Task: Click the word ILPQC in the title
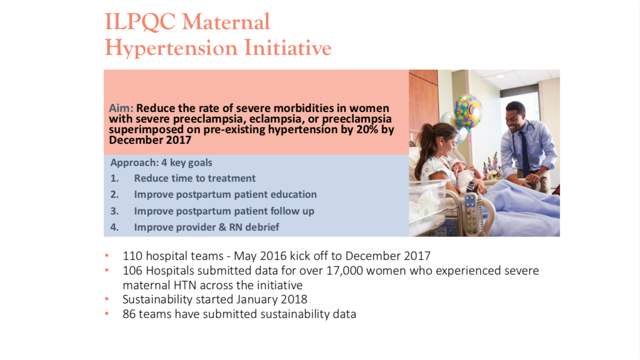click(x=140, y=22)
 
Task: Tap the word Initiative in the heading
click(x=288, y=47)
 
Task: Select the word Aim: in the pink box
click(x=121, y=108)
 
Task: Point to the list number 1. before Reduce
click(x=114, y=178)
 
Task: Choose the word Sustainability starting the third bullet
click(x=158, y=299)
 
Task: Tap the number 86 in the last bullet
click(x=129, y=314)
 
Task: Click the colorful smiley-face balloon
click(x=468, y=112)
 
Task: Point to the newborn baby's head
click(x=459, y=166)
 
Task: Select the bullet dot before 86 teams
click(x=107, y=314)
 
